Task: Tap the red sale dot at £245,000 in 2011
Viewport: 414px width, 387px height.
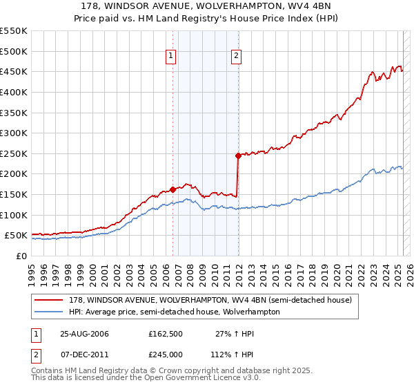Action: (238, 155)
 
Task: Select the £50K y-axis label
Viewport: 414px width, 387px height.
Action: (16, 236)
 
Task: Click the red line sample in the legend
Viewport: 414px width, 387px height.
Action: (49, 300)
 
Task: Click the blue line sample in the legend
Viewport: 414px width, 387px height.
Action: (49, 312)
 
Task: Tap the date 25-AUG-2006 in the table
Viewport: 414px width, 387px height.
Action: (84, 334)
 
